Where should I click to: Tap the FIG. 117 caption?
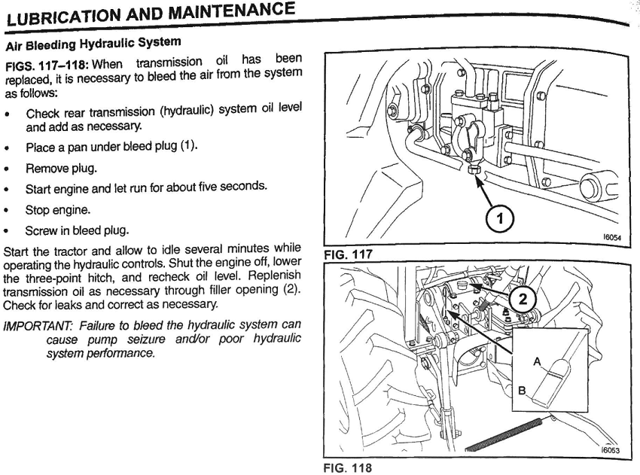coord(347,255)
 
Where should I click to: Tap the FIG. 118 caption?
coord(347,467)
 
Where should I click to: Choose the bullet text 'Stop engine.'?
coord(54,209)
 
